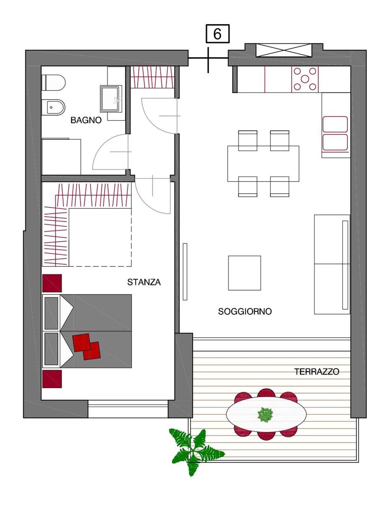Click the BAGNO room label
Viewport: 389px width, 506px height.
86,120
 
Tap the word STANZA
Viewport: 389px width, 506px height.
144,282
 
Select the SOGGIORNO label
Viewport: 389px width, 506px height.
245,312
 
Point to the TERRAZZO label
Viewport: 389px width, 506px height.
317,372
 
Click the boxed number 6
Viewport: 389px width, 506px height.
217,34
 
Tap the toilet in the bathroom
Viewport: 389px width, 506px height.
53,83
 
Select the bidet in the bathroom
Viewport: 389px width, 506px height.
53,108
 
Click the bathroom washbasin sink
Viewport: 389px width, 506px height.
111,98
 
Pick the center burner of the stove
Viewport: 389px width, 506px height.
305,79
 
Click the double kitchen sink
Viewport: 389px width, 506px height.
335,134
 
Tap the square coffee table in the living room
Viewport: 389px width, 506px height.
244,273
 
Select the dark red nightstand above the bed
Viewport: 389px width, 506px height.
52,283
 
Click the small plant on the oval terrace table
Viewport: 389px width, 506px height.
265,414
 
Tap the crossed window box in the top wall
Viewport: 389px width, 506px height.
284,50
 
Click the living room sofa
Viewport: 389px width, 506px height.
332,264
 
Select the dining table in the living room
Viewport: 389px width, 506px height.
263,164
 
